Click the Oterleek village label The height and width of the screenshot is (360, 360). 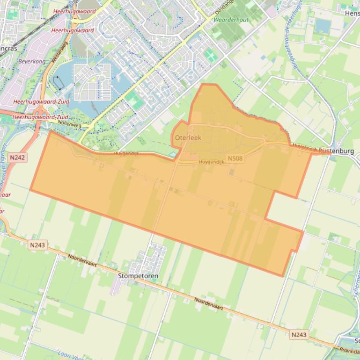[188, 138]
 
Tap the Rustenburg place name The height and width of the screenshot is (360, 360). [336, 151]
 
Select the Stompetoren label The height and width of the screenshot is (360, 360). [138, 276]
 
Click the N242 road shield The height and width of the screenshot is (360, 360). [17, 158]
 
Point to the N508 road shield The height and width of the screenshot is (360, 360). [235, 158]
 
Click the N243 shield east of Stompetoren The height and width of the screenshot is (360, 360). [299, 334]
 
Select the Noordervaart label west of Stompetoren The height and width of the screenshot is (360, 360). [82, 260]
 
